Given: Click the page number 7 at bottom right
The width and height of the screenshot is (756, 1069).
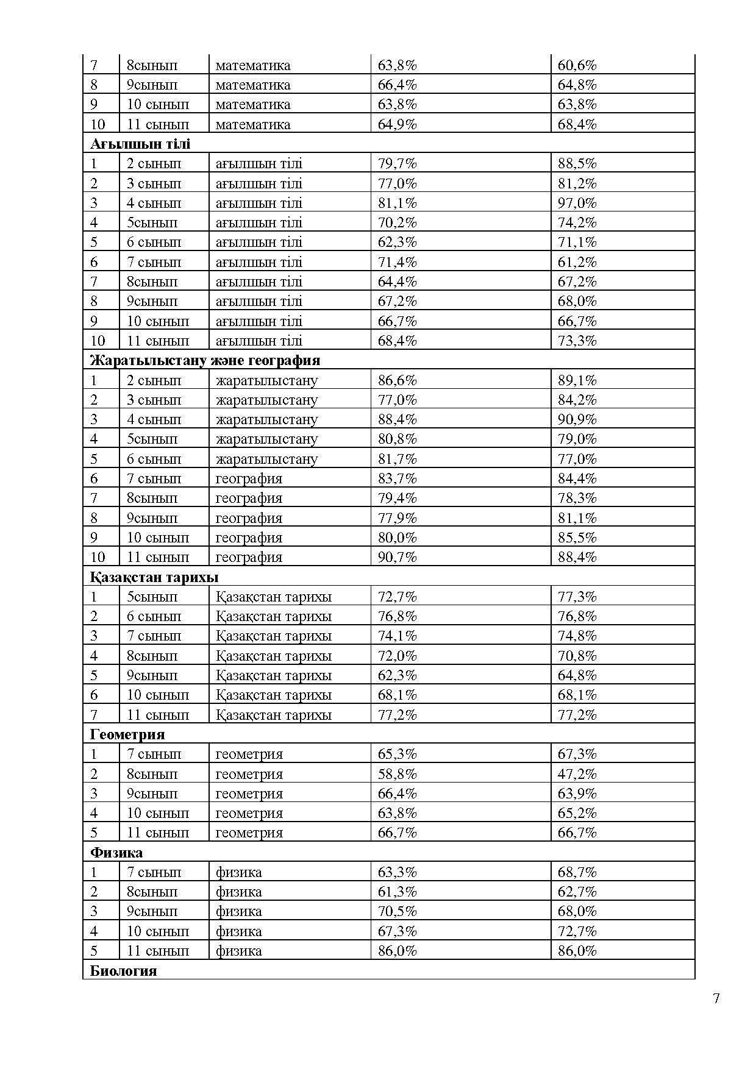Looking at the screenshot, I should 716,998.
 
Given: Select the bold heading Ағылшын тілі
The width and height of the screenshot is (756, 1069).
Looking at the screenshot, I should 140,144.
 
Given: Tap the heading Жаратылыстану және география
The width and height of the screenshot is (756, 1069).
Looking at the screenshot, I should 205,360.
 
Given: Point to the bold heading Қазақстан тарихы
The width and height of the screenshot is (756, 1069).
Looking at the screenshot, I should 154,577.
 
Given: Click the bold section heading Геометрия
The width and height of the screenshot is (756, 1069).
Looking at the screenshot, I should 127,734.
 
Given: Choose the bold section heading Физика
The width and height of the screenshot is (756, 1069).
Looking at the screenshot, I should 116,852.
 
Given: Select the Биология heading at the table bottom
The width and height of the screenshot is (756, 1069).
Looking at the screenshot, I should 123,970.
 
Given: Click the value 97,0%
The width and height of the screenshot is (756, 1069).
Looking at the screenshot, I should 577,203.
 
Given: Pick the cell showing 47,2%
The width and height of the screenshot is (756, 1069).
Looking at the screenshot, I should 577,774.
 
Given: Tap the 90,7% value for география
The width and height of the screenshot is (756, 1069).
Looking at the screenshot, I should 397,557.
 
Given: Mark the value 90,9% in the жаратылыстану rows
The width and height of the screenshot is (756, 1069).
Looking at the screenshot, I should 577,419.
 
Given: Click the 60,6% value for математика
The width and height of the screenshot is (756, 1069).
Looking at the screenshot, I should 577,65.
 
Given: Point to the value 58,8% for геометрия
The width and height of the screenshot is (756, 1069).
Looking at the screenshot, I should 397,774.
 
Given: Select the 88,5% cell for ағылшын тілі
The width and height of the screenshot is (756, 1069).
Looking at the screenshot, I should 577,163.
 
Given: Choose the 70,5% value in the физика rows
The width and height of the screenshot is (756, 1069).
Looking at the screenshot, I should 397,911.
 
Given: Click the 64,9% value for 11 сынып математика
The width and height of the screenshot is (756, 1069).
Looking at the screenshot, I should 397,124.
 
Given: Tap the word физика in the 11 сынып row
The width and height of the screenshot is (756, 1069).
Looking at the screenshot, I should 238,951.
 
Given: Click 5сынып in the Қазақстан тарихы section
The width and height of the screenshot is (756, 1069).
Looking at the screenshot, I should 152,597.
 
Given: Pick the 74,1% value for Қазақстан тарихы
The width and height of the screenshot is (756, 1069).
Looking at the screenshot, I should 397,636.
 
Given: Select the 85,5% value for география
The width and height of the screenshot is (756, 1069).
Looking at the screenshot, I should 577,538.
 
